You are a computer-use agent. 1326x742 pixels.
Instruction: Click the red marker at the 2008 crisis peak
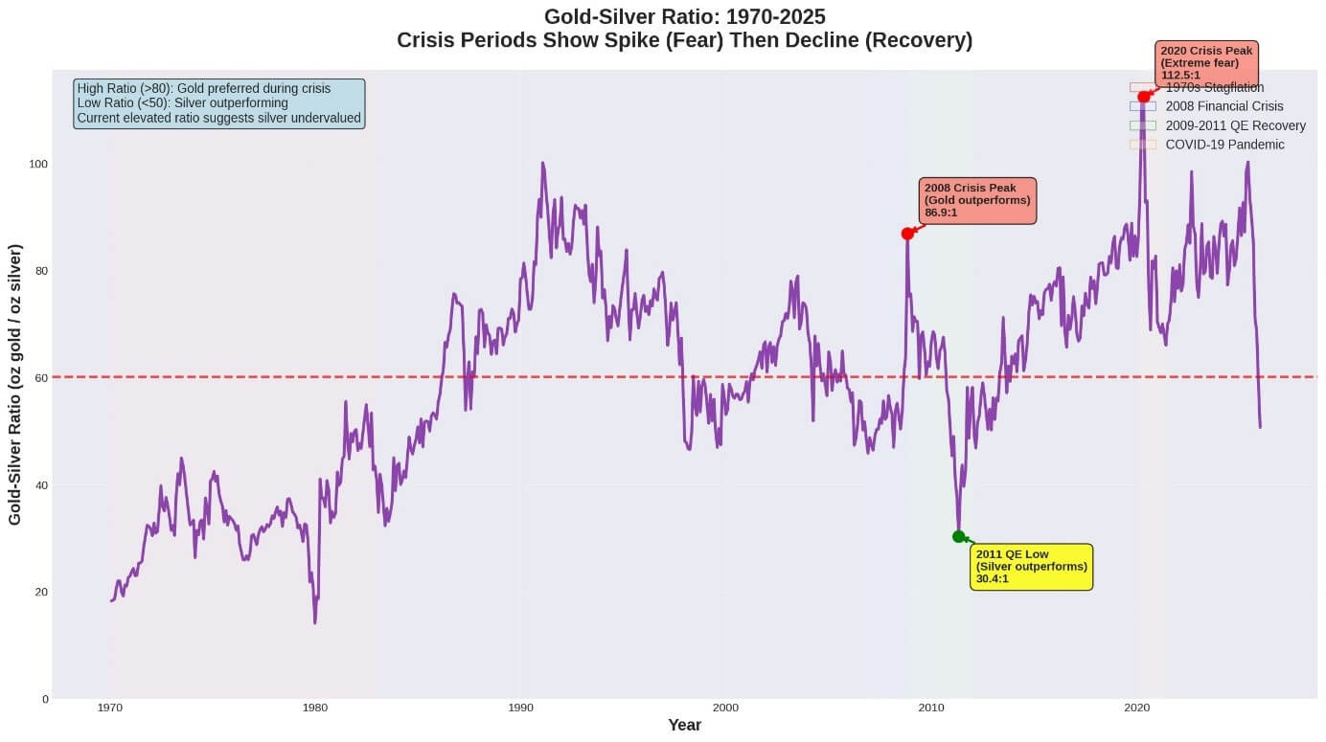tap(907, 234)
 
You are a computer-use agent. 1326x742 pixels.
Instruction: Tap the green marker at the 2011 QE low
tap(959, 536)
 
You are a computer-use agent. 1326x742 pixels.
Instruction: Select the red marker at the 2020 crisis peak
tap(1144, 97)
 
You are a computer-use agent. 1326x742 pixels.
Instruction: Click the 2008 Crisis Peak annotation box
tap(978, 201)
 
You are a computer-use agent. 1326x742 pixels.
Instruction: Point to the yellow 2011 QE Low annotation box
tap(1032, 567)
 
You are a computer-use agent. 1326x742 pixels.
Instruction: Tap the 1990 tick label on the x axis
tap(521, 708)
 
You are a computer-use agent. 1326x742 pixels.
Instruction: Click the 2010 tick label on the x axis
tap(931, 708)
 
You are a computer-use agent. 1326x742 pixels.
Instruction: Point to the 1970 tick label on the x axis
tap(110, 708)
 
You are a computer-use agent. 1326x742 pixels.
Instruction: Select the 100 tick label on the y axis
tap(37, 165)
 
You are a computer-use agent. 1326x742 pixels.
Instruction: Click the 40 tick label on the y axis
tap(40, 485)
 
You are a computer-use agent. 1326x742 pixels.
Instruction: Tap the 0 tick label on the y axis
tap(44, 699)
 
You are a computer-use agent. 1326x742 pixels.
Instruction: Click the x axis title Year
tap(684, 726)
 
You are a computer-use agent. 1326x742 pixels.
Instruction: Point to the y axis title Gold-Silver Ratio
tap(16, 384)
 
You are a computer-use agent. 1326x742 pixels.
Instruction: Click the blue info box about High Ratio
tap(218, 103)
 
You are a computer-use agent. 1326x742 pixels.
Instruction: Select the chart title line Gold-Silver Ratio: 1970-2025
tap(684, 17)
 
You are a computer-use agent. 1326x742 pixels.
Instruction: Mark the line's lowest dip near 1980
tap(314, 622)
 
